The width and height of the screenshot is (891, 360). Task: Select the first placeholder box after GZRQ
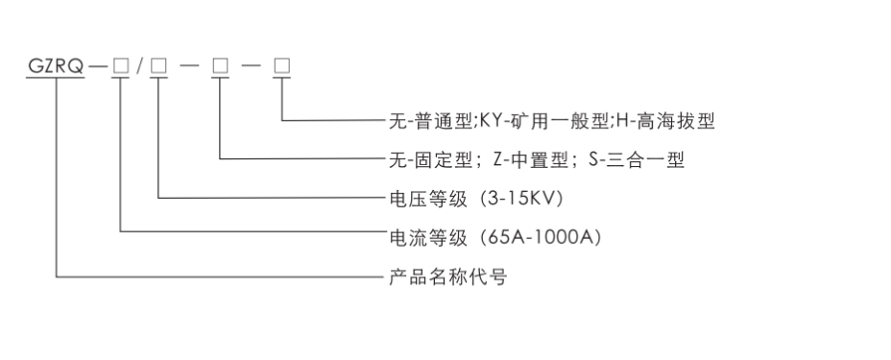(x=120, y=66)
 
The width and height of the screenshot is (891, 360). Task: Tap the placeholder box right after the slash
(x=158, y=66)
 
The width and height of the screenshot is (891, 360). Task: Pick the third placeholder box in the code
(x=221, y=66)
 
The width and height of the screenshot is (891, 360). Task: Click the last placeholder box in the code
(x=283, y=66)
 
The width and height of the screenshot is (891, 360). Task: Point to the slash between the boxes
(x=139, y=66)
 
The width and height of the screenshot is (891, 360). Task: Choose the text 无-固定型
(x=422, y=160)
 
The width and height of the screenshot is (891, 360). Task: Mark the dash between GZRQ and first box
(x=98, y=66)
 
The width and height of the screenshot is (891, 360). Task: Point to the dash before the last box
(x=253, y=66)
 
